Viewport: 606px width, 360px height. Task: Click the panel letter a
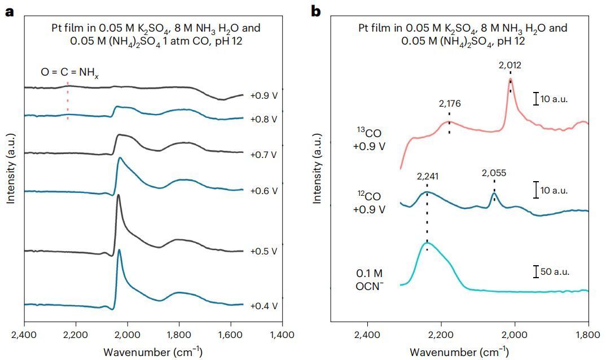[9, 11]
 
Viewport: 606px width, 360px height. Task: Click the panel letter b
[316, 11]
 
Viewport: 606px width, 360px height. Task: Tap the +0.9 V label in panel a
[264, 96]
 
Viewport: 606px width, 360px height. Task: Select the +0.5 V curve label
[264, 251]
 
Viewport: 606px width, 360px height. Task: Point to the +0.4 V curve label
[264, 306]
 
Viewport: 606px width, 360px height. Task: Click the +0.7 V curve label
[264, 153]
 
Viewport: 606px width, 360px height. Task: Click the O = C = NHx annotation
[69, 72]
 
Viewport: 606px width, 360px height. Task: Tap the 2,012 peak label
[510, 65]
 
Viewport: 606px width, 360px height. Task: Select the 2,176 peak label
[450, 104]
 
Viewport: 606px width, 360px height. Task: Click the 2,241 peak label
[427, 176]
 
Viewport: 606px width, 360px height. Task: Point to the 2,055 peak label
[494, 174]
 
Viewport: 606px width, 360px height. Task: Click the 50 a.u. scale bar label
[555, 271]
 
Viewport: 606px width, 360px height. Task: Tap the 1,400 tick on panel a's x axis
[281, 336]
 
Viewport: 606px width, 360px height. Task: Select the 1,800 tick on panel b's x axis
[589, 336]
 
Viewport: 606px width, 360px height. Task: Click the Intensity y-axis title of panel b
[318, 169]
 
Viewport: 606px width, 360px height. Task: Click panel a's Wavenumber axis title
[153, 352]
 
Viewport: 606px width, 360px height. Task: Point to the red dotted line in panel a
[68, 102]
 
